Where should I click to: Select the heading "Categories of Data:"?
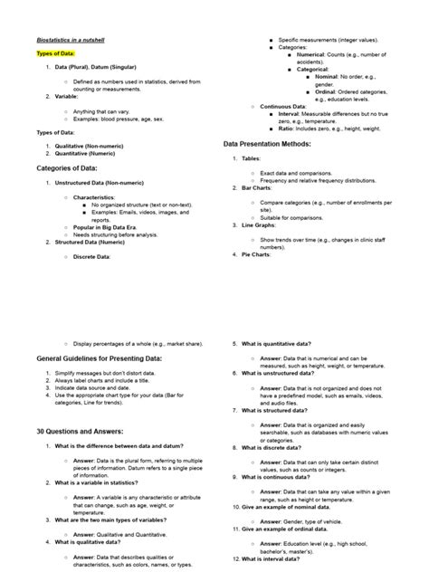coord(66,167)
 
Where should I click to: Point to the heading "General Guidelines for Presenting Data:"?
coord(99,359)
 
